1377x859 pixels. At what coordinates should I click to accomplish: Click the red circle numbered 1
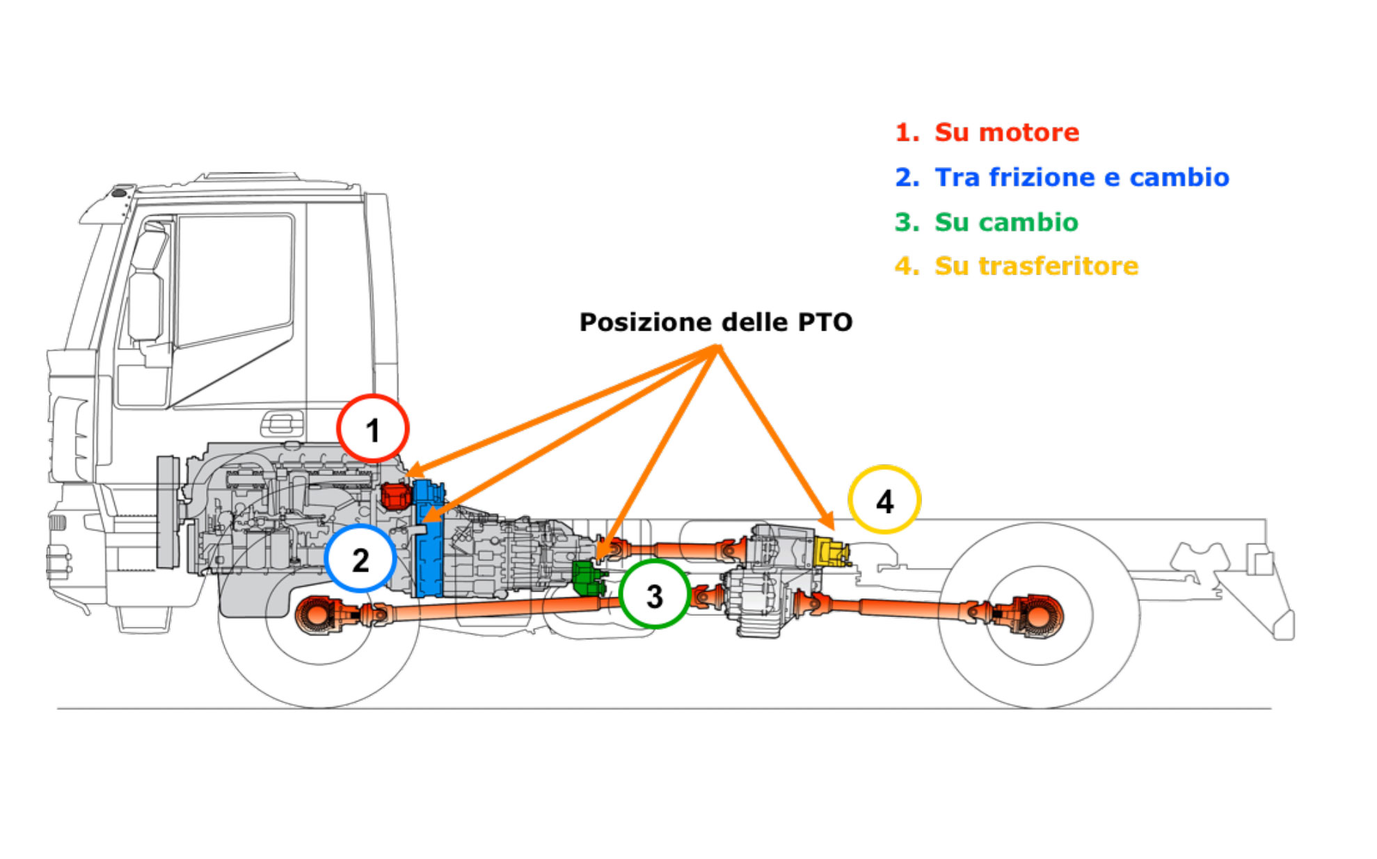click(372, 429)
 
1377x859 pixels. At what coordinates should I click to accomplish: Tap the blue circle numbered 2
click(360, 559)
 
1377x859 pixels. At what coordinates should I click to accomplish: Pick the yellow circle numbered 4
click(884, 500)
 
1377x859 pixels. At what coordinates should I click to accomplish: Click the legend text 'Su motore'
click(1006, 132)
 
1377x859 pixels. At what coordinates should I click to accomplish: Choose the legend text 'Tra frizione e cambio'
click(1081, 178)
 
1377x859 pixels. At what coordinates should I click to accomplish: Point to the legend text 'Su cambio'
click(1005, 222)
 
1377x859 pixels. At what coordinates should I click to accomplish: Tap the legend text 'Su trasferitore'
click(1036, 266)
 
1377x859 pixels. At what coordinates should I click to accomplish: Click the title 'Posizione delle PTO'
click(715, 322)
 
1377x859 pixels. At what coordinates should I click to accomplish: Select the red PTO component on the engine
click(396, 496)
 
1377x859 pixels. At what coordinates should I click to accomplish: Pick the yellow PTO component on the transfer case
click(831, 552)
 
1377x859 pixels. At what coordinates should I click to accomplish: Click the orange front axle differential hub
click(317, 615)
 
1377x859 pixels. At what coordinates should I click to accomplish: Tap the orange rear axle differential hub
click(1036, 615)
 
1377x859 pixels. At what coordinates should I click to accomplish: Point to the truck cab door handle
click(282, 422)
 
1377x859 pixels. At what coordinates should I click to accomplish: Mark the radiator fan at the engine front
click(167, 512)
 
